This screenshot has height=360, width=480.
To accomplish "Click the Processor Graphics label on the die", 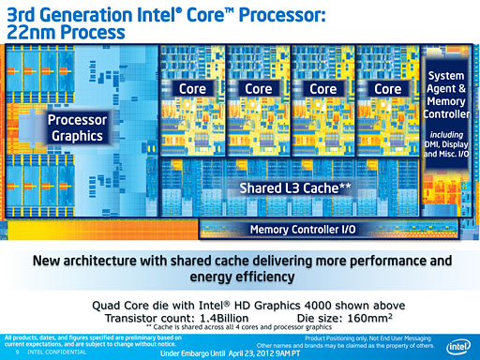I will click(x=78, y=128).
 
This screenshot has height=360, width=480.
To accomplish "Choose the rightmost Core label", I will click(x=387, y=88).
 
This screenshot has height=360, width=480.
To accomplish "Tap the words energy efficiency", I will click(x=239, y=278).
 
